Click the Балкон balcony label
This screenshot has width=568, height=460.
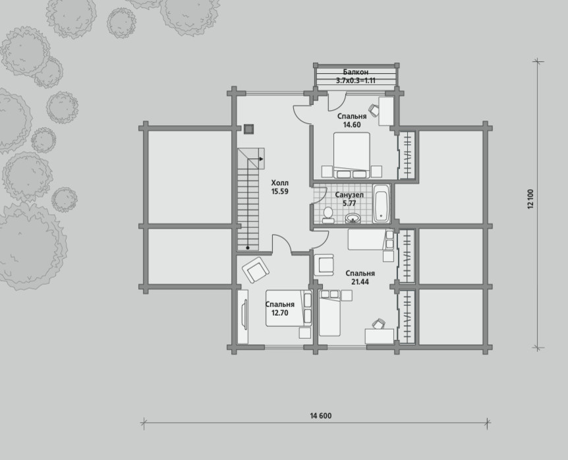pos(355,72)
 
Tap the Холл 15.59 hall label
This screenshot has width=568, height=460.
pos(279,187)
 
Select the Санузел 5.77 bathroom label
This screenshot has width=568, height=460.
pos(349,199)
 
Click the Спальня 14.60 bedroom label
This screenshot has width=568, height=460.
pos(352,120)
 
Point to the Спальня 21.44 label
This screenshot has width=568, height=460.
pos(360,277)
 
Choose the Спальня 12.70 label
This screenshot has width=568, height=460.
pos(279,308)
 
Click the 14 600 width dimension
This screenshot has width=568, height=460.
pos(321,415)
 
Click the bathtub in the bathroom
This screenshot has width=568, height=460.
pos(382,204)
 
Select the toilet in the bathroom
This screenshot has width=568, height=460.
pos(329,215)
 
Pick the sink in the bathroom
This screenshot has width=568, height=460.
pos(353,218)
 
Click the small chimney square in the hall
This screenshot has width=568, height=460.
pos(248,129)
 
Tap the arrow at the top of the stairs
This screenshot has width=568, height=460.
pos(260,159)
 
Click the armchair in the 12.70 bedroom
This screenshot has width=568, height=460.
pos(256,270)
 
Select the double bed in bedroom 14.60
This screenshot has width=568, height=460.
pos(352,156)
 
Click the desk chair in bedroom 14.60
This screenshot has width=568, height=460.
pos(374,108)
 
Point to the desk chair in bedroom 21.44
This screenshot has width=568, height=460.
pos(378,324)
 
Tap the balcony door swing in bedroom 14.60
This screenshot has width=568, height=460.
pos(337,101)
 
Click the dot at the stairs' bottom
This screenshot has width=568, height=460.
pos(248,248)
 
